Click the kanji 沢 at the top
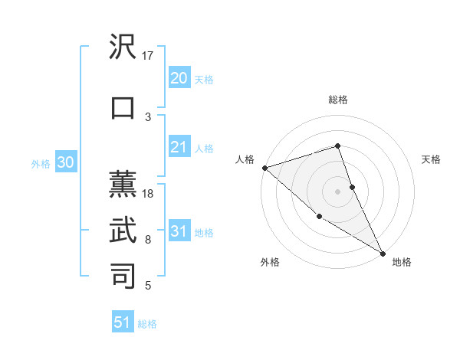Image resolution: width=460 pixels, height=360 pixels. (x=123, y=47)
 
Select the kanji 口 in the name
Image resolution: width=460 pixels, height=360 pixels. (x=123, y=107)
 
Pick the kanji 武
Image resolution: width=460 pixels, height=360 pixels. (x=123, y=230)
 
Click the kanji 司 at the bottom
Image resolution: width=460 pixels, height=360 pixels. (x=123, y=276)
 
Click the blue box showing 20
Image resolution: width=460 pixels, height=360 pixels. (x=179, y=78)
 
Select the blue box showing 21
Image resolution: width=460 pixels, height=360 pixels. (x=179, y=148)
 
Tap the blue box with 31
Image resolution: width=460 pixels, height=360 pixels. (x=179, y=232)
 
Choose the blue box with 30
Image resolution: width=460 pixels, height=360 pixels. (x=65, y=163)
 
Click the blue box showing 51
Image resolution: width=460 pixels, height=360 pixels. (x=123, y=322)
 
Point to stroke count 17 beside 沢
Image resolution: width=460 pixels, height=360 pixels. (x=148, y=56)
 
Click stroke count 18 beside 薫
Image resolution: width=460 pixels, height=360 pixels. (x=148, y=194)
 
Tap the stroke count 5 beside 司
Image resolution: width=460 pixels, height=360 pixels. (x=148, y=286)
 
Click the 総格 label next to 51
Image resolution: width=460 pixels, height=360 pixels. (x=147, y=324)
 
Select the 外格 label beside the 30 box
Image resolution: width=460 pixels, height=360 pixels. (x=41, y=164)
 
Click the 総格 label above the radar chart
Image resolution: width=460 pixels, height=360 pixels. (x=338, y=100)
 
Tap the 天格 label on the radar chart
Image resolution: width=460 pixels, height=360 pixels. (x=431, y=159)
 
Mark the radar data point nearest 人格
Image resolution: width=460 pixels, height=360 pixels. (x=264, y=167)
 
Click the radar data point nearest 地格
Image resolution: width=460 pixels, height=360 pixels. (x=383, y=252)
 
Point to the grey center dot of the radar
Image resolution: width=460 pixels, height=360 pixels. (x=338, y=191)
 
